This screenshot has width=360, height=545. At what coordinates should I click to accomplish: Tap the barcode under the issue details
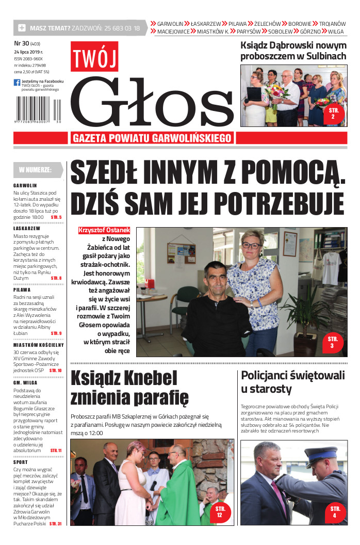tap(39, 110)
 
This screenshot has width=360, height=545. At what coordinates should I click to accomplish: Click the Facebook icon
tap(17, 83)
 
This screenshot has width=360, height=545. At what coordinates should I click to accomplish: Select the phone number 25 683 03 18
tap(122, 28)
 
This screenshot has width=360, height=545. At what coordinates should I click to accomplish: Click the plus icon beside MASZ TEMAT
tap(22, 28)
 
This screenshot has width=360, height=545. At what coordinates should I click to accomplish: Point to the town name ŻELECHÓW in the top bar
tap(267, 24)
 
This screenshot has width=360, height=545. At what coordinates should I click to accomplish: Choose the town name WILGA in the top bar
tap(335, 31)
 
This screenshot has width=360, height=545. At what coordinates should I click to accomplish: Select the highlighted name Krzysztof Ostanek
tap(104, 230)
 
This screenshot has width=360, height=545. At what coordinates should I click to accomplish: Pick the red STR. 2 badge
tap(333, 114)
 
